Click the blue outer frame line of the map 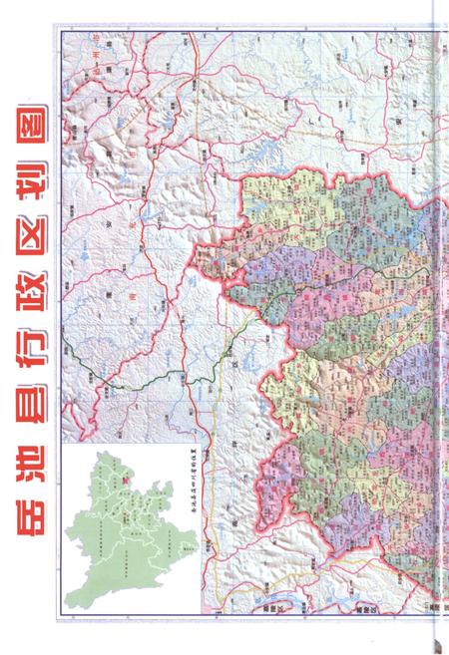pyautogui.click(x=59, y=299)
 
